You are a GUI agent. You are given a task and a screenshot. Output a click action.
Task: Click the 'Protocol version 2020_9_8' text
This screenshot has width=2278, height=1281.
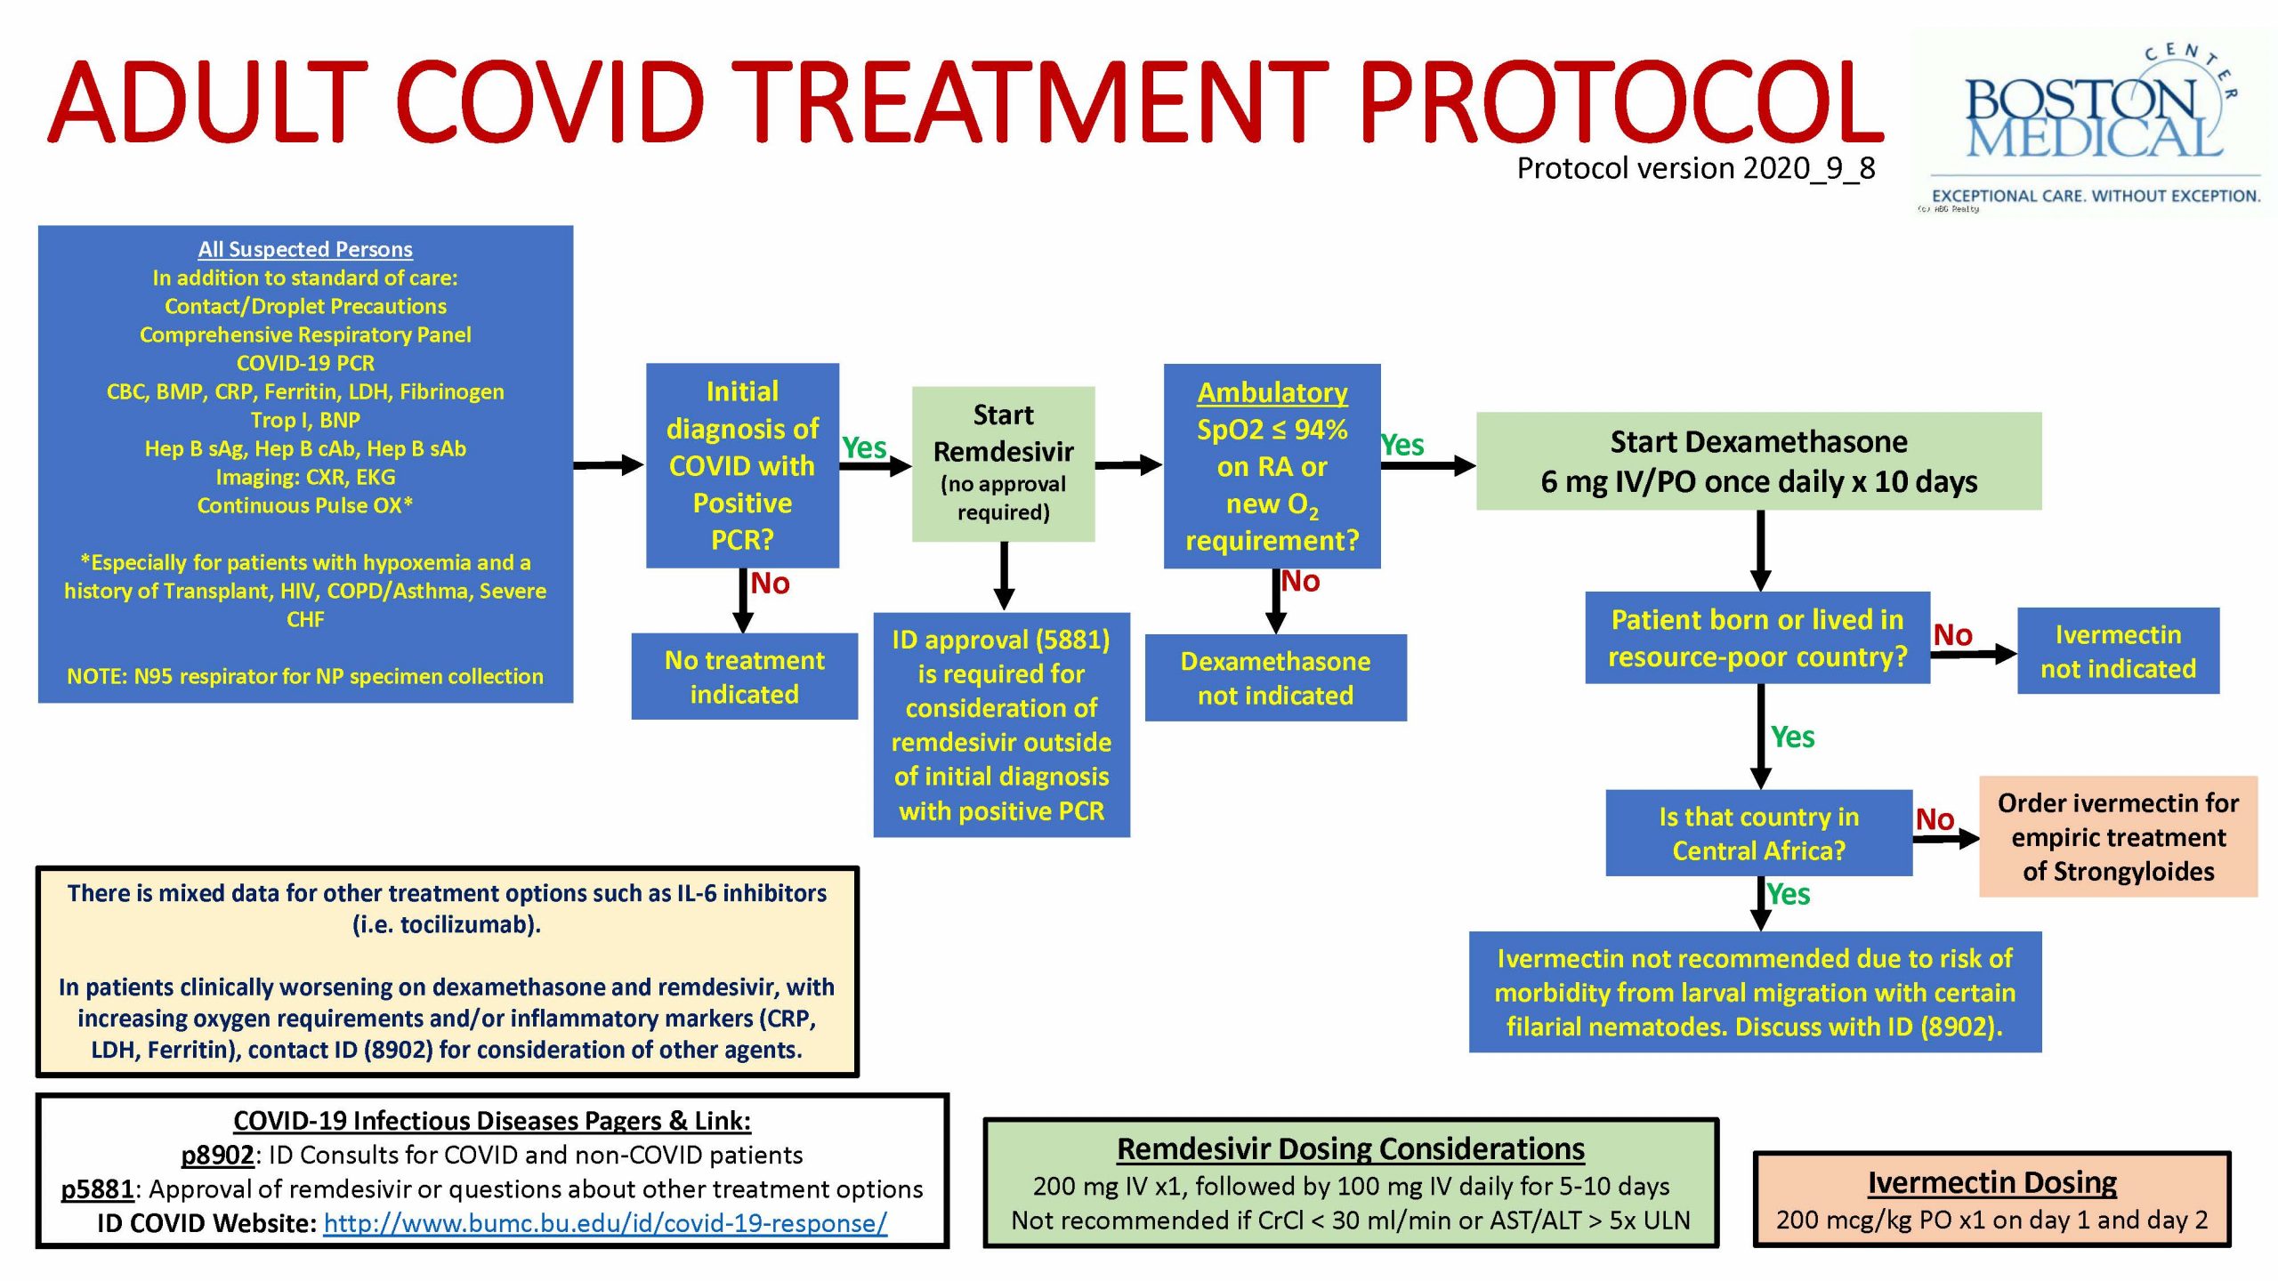coord(1696,168)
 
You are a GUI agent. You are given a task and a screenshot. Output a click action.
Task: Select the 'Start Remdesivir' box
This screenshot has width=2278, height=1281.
coord(1003,463)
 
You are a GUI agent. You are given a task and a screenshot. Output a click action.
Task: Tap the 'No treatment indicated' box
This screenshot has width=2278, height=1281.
coord(745,676)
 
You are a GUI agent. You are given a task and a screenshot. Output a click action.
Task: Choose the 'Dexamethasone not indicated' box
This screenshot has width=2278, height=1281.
coord(1275,678)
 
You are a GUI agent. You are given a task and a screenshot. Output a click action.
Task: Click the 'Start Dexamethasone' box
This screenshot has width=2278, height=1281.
coord(1758,461)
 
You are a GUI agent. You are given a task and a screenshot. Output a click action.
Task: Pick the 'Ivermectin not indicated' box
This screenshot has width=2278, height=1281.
coord(2118,651)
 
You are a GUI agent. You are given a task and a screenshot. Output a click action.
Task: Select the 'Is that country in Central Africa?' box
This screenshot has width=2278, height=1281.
coord(1758,834)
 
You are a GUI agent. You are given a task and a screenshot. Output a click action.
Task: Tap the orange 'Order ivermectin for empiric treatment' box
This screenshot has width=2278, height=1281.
coord(2118,836)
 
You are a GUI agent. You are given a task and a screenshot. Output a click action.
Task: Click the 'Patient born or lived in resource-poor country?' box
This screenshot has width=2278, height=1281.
coord(1757,638)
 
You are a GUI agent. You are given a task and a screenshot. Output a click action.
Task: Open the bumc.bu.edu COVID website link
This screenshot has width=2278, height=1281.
coord(605,1223)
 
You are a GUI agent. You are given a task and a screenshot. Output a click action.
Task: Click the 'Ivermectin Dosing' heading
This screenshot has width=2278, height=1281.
coord(1991,1182)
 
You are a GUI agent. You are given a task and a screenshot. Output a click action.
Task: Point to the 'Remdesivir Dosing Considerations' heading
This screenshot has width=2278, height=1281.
coord(1351,1148)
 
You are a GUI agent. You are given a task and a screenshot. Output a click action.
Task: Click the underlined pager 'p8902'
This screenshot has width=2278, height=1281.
coord(217,1155)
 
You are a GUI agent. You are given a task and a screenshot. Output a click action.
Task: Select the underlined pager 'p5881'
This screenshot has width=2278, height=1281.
coord(97,1189)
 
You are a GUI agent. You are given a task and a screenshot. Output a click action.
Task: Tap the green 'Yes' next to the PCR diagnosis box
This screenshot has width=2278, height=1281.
coord(864,447)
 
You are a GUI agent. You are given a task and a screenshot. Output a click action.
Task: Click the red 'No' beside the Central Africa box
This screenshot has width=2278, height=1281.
coord(1935,819)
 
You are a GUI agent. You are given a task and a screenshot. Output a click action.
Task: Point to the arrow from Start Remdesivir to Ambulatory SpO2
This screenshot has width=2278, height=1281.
coord(1128,464)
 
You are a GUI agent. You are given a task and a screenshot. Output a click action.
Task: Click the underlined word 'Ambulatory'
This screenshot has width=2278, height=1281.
coord(1272,392)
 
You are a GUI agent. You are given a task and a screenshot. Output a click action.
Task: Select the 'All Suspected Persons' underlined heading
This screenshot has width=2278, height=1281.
coord(305,249)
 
